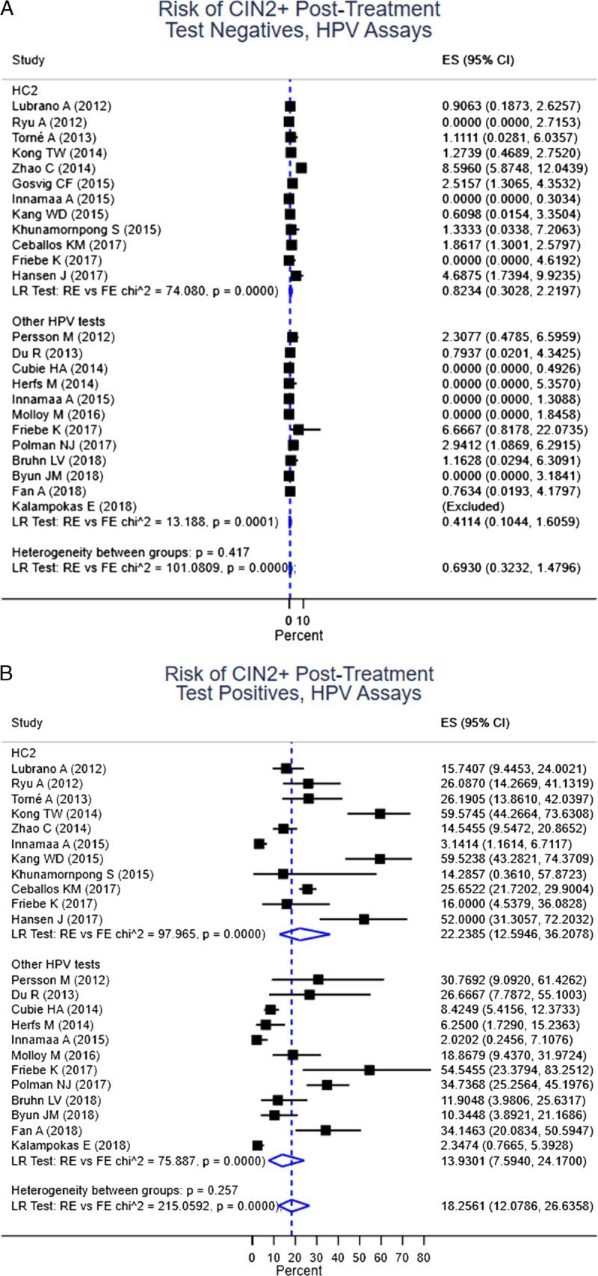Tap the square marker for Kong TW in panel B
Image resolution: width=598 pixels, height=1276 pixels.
[x=380, y=813]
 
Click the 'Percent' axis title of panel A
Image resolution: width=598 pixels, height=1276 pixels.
[x=298, y=635]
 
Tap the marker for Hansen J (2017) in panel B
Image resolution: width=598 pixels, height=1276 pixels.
[x=364, y=919]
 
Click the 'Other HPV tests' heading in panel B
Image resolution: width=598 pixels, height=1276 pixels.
[x=55, y=964]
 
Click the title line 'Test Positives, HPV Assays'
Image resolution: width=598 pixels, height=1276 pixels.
[x=298, y=693]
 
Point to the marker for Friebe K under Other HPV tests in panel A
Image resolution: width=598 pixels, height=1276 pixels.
[x=298, y=430]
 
